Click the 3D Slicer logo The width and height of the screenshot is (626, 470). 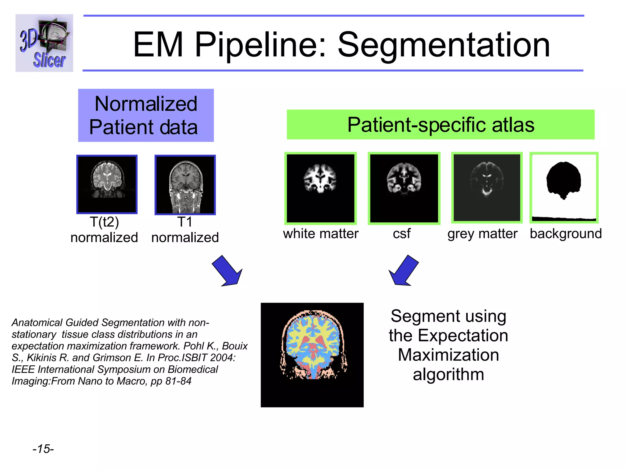click(x=44, y=43)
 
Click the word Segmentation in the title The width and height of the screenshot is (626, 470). click(x=444, y=45)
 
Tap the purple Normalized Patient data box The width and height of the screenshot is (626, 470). click(x=146, y=115)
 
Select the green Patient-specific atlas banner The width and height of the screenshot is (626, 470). click(x=440, y=125)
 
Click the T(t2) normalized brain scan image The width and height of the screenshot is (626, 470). click(x=107, y=184)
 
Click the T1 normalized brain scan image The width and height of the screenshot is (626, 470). click(x=185, y=185)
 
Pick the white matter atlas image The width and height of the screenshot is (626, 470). click(x=320, y=188)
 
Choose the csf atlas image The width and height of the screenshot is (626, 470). click(x=404, y=188)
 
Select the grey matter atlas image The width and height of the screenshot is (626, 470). click(x=487, y=188)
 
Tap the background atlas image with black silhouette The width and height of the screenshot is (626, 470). click(x=564, y=188)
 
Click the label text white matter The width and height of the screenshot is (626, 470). click(x=320, y=234)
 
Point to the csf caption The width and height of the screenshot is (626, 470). click(x=401, y=234)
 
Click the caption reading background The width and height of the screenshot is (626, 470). click(x=565, y=234)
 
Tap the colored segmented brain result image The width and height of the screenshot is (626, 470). click(x=312, y=355)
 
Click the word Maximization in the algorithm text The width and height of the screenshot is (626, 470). click(x=448, y=355)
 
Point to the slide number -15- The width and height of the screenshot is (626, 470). click(x=43, y=449)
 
